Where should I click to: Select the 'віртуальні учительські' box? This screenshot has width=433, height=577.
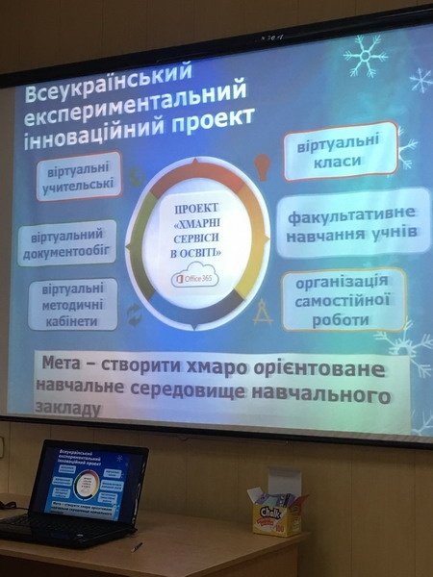(x=79, y=176)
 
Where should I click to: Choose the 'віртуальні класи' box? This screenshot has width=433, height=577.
(x=341, y=151)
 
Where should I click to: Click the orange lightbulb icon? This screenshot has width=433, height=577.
(x=261, y=163)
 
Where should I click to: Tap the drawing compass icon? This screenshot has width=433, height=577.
(x=263, y=312)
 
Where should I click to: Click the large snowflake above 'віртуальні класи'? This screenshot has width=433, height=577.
(x=366, y=56)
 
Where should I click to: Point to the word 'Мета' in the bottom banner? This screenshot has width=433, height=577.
(x=73, y=366)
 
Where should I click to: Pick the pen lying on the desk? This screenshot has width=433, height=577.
(x=137, y=545)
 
